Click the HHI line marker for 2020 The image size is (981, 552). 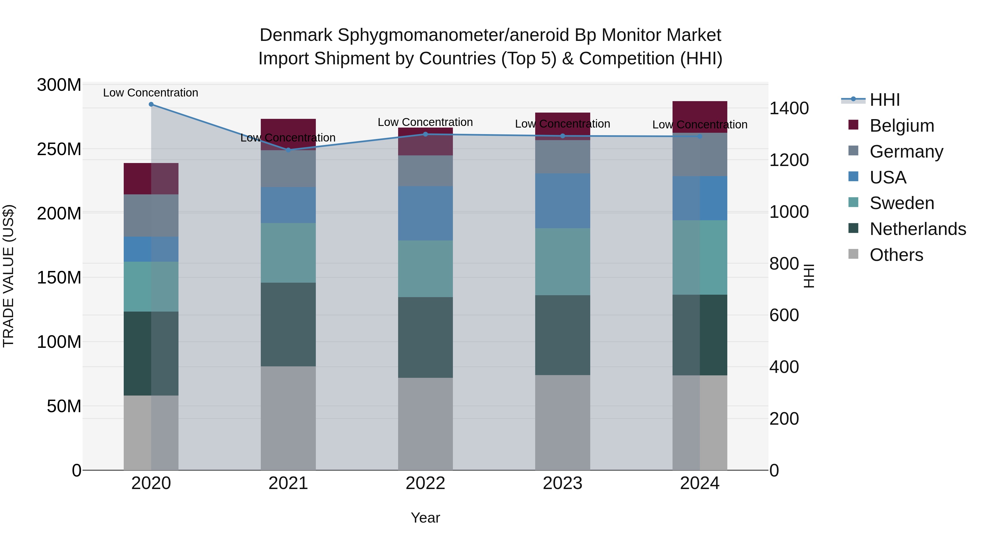(x=151, y=104)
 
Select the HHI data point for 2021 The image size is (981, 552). (x=288, y=150)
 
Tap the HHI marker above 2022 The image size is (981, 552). (x=426, y=134)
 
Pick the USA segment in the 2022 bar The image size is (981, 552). (x=425, y=213)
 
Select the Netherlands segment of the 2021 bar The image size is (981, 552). (x=288, y=325)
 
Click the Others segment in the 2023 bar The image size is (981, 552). (x=562, y=423)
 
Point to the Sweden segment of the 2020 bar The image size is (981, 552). (x=151, y=286)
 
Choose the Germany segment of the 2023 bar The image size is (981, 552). (x=562, y=157)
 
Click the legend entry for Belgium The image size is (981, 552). (x=901, y=126)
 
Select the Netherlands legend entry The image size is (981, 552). (x=918, y=229)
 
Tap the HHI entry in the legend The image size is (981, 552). (x=885, y=100)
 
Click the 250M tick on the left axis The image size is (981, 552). (x=59, y=149)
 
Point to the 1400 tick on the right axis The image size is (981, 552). (x=789, y=108)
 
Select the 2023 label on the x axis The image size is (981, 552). (x=562, y=483)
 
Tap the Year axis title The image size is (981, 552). (x=425, y=518)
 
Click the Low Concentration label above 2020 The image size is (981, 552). (x=150, y=93)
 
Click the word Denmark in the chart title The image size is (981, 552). (x=296, y=35)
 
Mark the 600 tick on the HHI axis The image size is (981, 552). (x=784, y=315)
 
